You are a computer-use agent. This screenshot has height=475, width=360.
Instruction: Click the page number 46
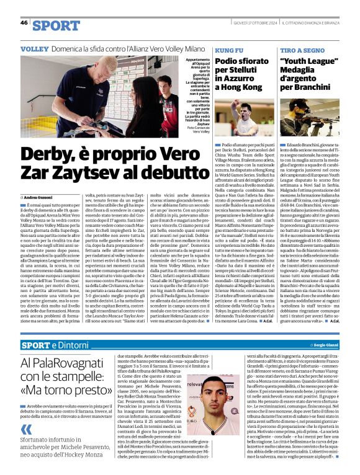(x=24, y=23)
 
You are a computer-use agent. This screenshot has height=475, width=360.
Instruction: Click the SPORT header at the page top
(x=56, y=25)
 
